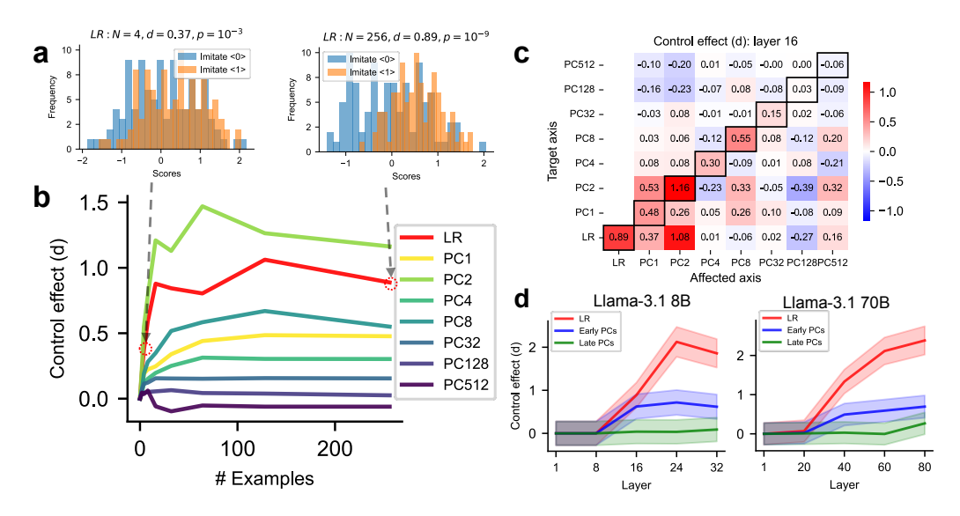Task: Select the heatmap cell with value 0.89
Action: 618,236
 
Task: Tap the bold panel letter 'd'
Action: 521,299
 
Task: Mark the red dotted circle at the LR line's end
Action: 392,283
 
